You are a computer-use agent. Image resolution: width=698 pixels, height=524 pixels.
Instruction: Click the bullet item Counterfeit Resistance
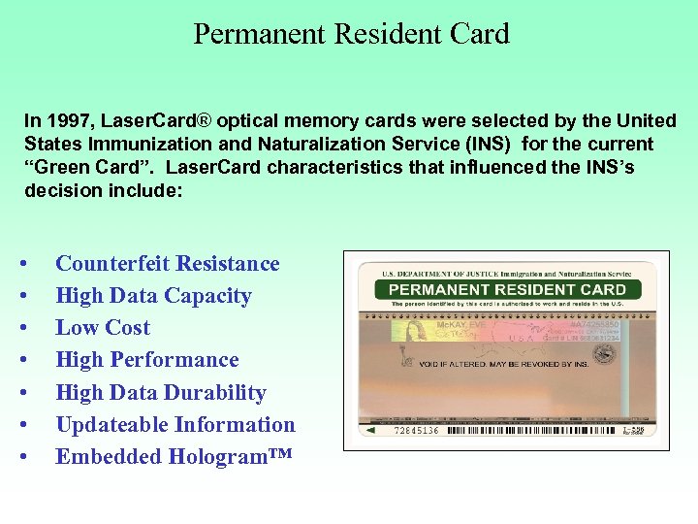pyautogui.click(x=168, y=264)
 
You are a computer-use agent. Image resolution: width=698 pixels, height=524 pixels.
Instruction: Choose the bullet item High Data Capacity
pyautogui.click(x=153, y=296)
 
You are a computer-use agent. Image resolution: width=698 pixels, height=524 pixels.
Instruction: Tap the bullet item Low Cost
pyautogui.click(x=103, y=328)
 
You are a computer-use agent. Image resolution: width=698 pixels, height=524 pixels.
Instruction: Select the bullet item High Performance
pyautogui.click(x=147, y=360)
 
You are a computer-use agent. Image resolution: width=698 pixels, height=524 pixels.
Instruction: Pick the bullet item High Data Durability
pyautogui.click(x=161, y=393)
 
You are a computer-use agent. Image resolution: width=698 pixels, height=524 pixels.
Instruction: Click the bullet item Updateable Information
pyautogui.click(x=175, y=425)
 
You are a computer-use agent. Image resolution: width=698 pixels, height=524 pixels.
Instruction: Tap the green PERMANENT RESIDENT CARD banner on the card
pyautogui.click(x=507, y=289)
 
